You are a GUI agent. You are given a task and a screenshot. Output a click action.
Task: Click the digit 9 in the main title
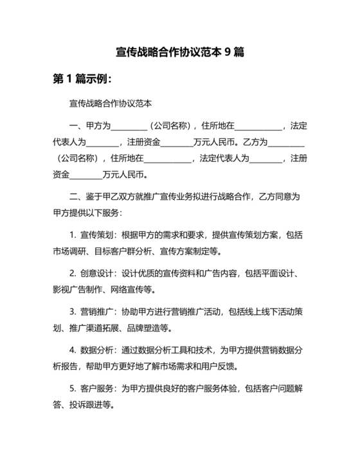point(228,51)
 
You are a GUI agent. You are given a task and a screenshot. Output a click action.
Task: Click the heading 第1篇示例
point(81,79)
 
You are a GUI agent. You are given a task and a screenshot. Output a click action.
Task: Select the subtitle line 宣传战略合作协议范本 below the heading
point(109,103)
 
